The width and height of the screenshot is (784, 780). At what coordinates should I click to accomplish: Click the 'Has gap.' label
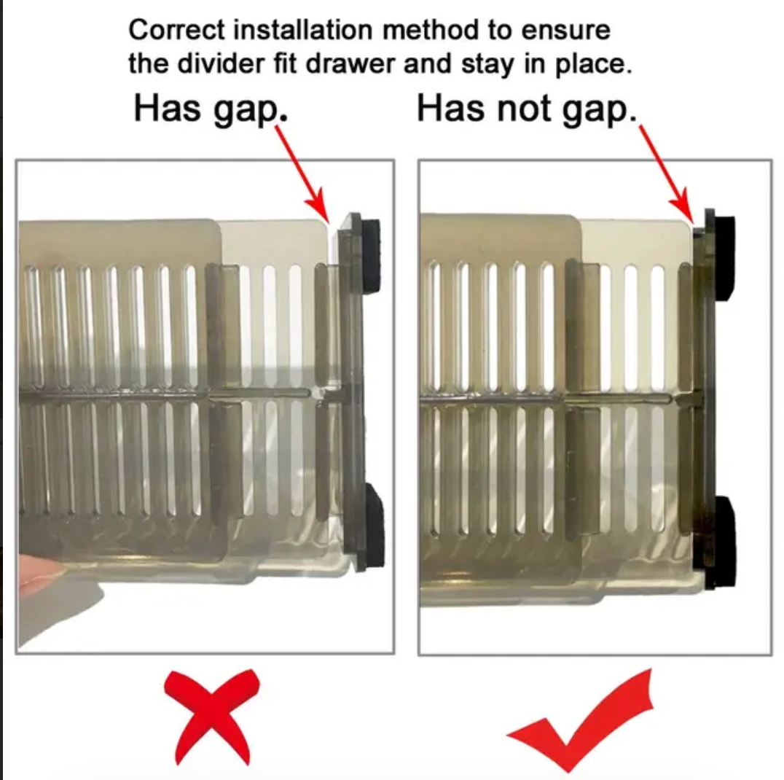pyautogui.click(x=211, y=109)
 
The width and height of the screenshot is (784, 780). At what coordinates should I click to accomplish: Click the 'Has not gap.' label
pyautogui.click(x=527, y=109)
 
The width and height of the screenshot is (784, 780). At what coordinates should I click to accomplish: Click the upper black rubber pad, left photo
pyautogui.click(x=371, y=255)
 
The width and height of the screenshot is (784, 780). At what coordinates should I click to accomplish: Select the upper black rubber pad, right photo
pyautogui.click(x=724, y=257)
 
